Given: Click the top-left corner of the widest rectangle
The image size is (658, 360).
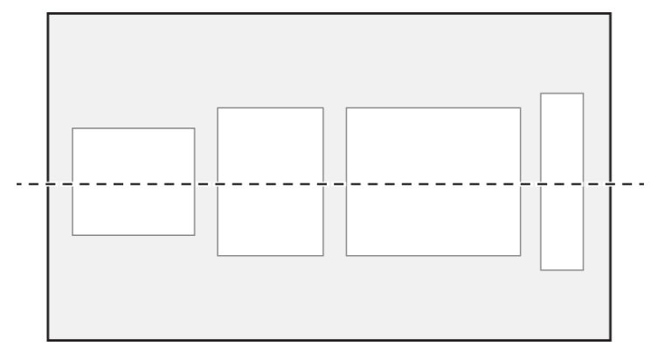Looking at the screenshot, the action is [x=347, y=107].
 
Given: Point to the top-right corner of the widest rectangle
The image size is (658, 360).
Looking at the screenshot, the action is [x=520, y=107].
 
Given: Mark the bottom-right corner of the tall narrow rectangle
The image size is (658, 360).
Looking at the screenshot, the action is [x=583, y=270].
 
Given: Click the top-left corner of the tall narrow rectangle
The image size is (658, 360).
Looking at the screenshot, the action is [x=541, y=93].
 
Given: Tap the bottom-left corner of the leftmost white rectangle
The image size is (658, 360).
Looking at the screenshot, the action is [x=73, y=235].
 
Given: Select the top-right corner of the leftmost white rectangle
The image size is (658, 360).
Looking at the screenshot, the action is [x=194, y=128].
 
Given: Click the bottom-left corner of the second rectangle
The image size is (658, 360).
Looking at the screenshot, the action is [x=218, y=255].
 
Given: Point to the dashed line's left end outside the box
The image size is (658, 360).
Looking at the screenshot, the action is [x=17, y=183].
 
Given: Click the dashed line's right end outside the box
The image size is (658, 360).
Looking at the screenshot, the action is [x=644, y=183].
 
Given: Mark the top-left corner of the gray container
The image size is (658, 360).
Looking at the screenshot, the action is [x=47, y=14].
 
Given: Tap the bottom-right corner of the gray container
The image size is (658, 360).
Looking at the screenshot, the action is [x=611, y=340].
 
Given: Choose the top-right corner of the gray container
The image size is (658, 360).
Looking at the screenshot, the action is [x=611, y=14].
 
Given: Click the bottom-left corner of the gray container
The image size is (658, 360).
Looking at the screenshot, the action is [x=47, y=340].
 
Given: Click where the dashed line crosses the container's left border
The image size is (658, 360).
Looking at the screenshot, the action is [x=47, y=183].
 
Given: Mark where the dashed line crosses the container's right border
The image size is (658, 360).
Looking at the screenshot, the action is [x=611, y=183].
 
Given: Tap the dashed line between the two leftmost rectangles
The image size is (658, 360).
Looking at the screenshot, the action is [x=206, y=183].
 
